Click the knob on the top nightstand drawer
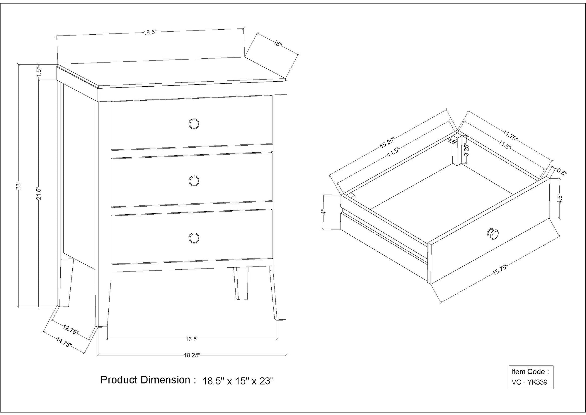coord(193,124)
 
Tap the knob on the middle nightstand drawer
coord(193,181)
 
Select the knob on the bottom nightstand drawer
coord(193,238)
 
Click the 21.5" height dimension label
coord(39,193)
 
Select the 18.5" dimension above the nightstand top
coord(150,32)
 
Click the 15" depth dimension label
coord(278,44)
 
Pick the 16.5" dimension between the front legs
coord(192,339)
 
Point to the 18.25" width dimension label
coord(192,355)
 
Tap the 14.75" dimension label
coord(64,342)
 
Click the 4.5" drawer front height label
coord(559,199)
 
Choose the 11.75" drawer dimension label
coord(511,135)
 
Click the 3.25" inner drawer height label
coord(467,150)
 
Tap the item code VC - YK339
coord(529,382)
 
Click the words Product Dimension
coord(145,380)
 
